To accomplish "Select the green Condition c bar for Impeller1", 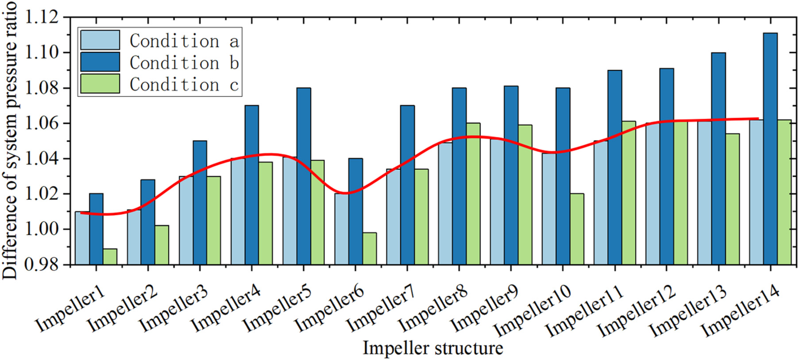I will click(x=110, y=257).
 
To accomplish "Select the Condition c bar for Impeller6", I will click(x=370, y=248).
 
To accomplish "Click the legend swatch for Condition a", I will click(x=100, y=40).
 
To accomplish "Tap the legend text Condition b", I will click(x=184, y=63).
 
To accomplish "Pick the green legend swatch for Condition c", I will click(x=100, y=84).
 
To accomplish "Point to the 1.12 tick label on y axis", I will click(x=42, y=18).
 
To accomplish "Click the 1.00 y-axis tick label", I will click(x=42, y=229).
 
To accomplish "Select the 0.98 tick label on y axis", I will click(x=42, y=264).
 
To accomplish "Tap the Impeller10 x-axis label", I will click(x=533, y=310).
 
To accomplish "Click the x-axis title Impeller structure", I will click(x=433, y=348).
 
